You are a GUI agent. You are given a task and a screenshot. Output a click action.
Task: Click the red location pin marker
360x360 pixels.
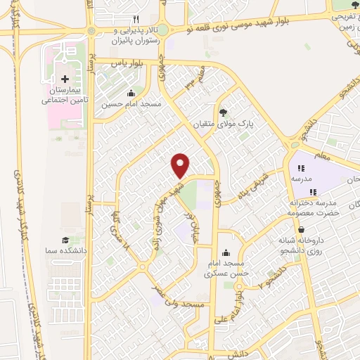pos(181,165)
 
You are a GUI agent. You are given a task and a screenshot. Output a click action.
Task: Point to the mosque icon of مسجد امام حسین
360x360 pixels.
pos(131,93)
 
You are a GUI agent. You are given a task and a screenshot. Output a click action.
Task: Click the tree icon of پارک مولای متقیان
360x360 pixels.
pos(224,111)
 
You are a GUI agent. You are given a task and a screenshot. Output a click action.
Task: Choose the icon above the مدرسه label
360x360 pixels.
pos(300,169)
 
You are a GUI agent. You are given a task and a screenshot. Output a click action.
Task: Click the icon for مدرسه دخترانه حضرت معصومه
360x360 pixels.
pos(313,191)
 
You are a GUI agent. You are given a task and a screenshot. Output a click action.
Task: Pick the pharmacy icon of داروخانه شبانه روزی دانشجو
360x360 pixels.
pos(301,230)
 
